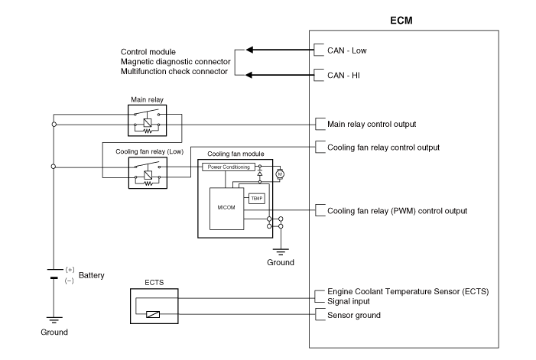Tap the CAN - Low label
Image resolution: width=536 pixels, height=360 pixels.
click(347, 50)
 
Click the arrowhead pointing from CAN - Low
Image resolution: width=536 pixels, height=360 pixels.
click(249, 50)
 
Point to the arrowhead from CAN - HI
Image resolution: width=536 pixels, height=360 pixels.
click(249, 74)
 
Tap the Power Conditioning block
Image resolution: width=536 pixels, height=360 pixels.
click(226, 167)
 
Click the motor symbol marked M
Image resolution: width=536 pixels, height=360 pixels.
click(279, 174)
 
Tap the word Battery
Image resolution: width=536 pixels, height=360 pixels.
click(92, 275)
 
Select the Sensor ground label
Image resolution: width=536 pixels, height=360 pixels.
click(354, 315)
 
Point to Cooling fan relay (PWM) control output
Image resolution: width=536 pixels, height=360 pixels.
click(397, 210)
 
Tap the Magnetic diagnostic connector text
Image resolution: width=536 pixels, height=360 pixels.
click(174, 61)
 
